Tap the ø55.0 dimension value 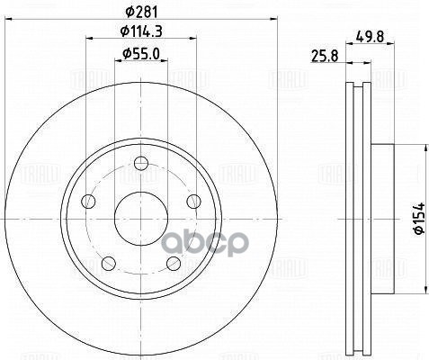pyautogui.click(x=140, y=55)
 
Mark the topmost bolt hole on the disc pyautogui.click(x=140, y=164)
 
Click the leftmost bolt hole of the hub pyautogui.click(x=87, y=202)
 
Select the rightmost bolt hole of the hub pyautogui.click(x=193, y=202)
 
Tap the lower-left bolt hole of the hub pyautogui.click(x=108, y=263)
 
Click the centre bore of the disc pyautogui.click(x=140, y=219)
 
